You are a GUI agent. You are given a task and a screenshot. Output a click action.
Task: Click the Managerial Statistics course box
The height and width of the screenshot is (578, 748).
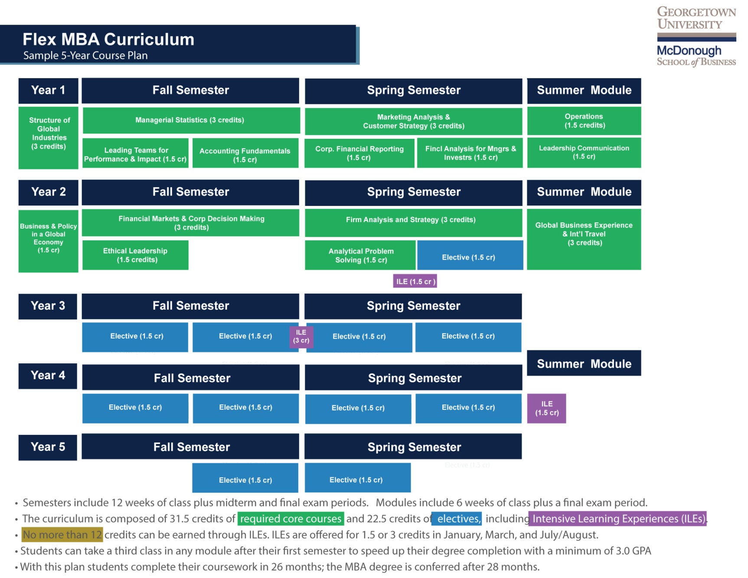point(191,120)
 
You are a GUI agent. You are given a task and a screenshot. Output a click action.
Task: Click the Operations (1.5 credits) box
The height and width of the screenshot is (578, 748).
point(584,121)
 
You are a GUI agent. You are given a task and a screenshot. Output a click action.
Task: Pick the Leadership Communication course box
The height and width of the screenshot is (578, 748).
point(584,152)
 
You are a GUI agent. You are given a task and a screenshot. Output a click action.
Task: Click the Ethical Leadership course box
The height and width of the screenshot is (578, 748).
point(135,255)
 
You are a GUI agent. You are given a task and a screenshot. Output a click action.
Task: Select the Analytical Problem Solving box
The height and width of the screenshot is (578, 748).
point(360,255)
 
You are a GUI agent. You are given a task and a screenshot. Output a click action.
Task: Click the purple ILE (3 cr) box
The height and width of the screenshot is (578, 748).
point(301,336)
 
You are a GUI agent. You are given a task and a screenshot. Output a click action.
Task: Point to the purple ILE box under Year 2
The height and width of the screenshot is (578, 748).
point(415,281)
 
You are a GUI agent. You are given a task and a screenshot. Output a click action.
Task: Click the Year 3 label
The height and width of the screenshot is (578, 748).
point(48,306)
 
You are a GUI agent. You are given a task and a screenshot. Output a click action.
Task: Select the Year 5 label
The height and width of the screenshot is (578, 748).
point(48,447)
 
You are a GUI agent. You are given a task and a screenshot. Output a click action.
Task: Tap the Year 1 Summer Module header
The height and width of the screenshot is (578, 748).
point(584,91)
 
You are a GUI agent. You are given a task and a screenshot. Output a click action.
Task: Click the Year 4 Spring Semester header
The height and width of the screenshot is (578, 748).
point(414,378)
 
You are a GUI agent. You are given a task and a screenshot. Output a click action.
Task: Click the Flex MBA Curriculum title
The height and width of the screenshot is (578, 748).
point(108,39)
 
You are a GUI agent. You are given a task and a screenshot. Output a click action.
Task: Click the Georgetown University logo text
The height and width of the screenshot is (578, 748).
point(696,18)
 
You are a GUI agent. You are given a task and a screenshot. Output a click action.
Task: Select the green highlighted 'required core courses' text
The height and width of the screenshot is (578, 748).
point(291,519)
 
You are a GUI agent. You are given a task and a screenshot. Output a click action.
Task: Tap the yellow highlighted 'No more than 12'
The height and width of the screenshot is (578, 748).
point(62,535)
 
